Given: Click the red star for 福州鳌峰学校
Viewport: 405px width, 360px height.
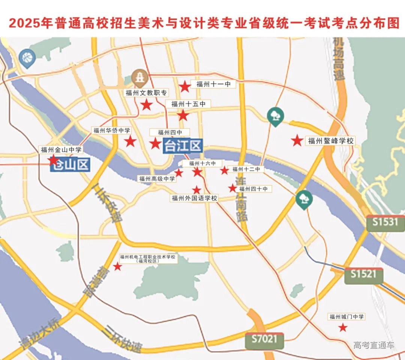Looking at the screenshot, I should point(297,141).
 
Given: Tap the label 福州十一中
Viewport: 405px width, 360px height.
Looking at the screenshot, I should point(213,84).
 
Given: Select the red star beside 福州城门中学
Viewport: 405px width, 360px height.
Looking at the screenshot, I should point(342,328).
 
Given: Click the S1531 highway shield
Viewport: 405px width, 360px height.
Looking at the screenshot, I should point(385,222).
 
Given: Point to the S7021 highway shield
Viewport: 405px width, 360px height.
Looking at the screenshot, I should point(264,339).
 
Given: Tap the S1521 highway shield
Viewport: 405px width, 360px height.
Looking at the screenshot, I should point(363,274).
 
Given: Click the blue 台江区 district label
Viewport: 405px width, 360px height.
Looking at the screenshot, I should point(183,145).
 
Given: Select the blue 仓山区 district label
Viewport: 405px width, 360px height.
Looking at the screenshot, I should point(70,165).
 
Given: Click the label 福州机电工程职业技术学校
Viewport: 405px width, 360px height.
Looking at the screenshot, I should point(148,259).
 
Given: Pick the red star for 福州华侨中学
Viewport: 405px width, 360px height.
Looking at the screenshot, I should point(130,141).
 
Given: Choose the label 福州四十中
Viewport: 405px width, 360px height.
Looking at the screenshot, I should point(253,189).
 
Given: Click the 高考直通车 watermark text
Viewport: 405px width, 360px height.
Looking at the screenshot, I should point(374,345).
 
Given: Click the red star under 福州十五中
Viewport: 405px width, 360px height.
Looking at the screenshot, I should point(183,115).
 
